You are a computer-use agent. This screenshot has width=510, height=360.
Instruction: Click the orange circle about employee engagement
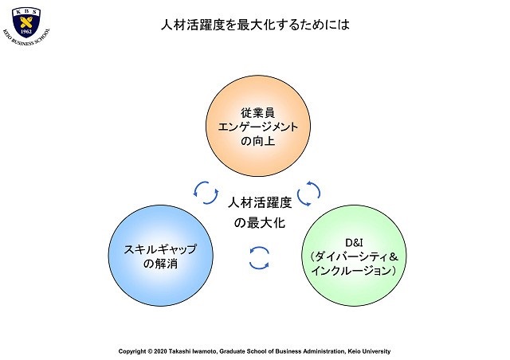258,126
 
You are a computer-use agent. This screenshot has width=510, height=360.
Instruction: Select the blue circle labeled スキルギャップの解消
161,256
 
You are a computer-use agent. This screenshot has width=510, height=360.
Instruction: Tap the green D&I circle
354,256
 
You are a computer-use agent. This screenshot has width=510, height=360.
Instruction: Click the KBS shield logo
26,22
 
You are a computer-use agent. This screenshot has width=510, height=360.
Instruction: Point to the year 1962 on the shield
26,32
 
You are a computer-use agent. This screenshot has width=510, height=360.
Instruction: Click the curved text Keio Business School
26,38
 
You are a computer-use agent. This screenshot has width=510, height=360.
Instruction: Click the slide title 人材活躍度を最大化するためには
255,25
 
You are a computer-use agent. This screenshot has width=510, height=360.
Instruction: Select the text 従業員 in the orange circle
258,112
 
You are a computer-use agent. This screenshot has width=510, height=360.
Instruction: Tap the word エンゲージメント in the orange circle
258,127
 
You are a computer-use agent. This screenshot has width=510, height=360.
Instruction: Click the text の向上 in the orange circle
258,141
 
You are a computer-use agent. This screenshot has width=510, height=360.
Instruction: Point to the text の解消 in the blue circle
161,263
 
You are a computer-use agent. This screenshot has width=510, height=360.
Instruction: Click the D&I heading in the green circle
354,243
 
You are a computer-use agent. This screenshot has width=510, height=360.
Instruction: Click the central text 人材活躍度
260,203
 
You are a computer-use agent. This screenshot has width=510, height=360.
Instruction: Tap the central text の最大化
260,223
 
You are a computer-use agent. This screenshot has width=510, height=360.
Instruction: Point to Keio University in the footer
369,351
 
